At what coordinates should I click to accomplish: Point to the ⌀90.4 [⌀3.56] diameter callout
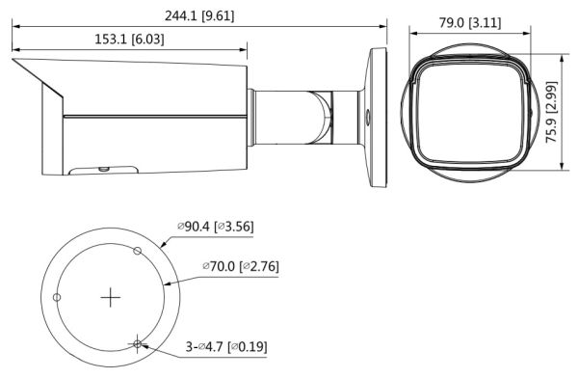(x=215, y=228)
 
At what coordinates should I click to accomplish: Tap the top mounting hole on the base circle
(x=137, y=252)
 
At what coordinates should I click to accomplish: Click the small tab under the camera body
(x=101, y=171)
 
